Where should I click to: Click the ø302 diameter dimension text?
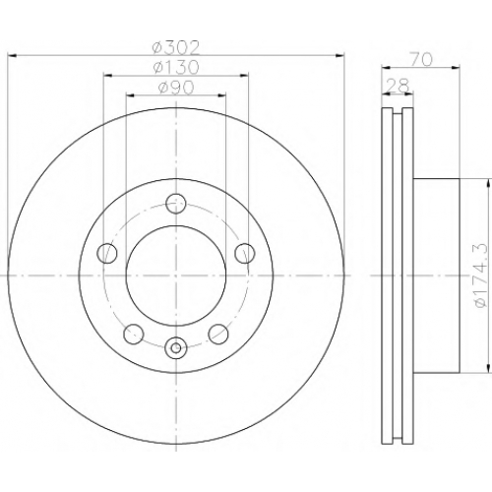click(x=176, y=48)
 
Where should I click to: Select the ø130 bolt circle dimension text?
click(x=176, y=68)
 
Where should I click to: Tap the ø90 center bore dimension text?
click(x=176, y=88)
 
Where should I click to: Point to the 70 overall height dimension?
click(x=421, y=60)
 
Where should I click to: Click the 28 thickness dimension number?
click(x=398, y=86)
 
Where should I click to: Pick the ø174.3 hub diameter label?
click(x=480, y=276)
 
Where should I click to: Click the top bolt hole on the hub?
click(x=176, y=204)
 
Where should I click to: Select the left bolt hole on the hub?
click(x=107, y=253)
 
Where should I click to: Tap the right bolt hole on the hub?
click(x=245, y=253)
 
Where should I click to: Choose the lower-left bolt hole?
click(x=134, y=334)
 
